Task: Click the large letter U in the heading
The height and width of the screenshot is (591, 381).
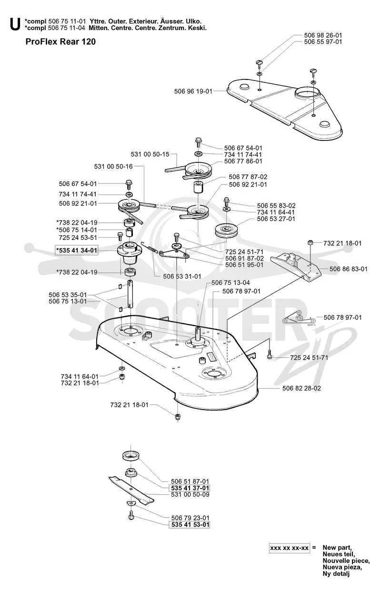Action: [x=15, y=25]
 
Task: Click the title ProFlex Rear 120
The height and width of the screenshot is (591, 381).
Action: [x=60, y=42]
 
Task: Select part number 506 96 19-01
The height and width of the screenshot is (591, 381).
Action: [x=193, y=91]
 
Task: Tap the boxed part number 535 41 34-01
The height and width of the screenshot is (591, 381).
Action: [x=76, y=250]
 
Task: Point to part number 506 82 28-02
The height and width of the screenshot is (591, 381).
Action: [x=301, y=388]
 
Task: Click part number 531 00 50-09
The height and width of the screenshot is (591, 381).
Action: [x=190, y=494]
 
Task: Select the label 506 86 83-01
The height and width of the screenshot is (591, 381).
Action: [x=348, y=269]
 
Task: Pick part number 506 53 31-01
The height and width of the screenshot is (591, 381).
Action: [x=182, y=276]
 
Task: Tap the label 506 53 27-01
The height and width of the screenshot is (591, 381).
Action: [x=276, y=219]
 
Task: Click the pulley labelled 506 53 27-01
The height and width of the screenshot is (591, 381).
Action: [x=227, y=231]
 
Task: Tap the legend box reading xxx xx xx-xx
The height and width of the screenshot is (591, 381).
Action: [x=290, y=548]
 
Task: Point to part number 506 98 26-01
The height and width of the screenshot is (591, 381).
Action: [x=323, y=35]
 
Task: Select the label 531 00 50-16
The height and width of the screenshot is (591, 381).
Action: [x=113, y=166]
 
